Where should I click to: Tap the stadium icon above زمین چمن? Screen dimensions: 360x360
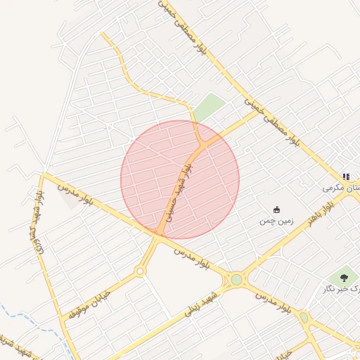(277, 210)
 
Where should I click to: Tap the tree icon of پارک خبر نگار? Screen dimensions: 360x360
(343, 278)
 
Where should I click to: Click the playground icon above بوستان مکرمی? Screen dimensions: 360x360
(346, 176)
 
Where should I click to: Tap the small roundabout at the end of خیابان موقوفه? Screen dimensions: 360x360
(140, 271)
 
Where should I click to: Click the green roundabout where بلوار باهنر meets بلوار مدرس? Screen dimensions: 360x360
(236, 279)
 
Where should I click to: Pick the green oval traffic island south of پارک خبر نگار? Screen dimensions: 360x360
(304, 318)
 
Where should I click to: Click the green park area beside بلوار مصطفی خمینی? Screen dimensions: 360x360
(209, 108)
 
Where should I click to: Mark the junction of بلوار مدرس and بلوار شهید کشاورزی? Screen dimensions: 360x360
(44, 174)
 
